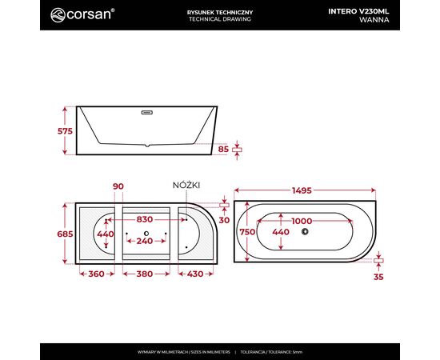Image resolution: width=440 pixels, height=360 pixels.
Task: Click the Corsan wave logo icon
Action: (58, 15)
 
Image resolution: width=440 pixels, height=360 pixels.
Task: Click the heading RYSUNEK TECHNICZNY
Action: (220, 12)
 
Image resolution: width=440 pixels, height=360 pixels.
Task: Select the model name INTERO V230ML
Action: (358, 11)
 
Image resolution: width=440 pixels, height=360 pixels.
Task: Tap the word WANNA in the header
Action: (374, 20)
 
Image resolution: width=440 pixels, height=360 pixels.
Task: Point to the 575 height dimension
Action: (65, 131)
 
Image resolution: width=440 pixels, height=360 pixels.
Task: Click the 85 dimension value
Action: (223, 150)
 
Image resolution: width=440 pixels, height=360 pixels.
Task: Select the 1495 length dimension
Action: (302, 190)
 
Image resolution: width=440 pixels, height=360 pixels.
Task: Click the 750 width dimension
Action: (247, 232)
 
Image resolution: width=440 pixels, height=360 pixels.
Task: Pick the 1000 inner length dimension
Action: (302, 221)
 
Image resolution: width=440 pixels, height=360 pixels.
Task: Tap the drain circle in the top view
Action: (305, 231)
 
